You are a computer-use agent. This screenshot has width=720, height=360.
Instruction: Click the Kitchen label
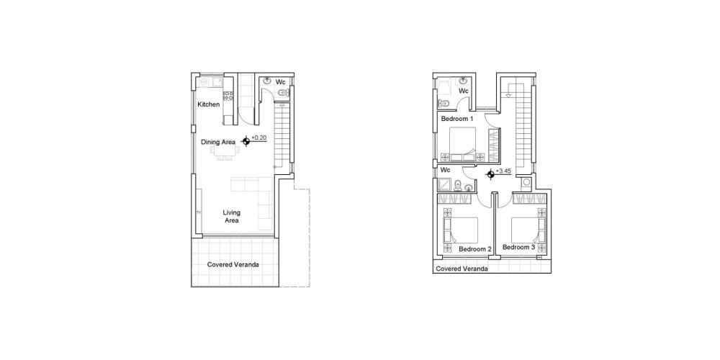click(209, 104)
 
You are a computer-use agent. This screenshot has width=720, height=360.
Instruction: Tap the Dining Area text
click(218, 143)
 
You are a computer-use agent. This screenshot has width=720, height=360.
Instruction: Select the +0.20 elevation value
click(259, 138)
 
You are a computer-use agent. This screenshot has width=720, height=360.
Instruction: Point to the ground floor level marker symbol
click(246, 141)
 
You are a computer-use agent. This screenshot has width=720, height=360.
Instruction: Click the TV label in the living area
click(199, 212)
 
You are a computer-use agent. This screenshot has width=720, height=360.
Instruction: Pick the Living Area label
click(231, 216)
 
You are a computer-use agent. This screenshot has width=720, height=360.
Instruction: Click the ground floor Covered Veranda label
click(233, 264)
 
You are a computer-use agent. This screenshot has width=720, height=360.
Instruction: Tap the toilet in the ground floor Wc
click(284, 94)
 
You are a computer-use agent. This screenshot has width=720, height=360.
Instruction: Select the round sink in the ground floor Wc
click(267, 81)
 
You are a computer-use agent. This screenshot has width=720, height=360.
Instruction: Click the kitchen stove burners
click(228, 96)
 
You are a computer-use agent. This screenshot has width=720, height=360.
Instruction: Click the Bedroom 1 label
click(457, 119)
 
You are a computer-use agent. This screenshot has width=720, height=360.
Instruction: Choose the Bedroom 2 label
click(475, 249)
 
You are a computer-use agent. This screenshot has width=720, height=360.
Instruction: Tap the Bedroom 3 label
click(518, 247)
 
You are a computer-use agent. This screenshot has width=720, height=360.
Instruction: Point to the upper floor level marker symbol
click(491, 174)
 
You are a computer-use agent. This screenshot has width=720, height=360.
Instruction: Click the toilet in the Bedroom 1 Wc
click(444, 102)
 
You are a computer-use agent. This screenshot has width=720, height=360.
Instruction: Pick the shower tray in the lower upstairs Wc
click(444, 184)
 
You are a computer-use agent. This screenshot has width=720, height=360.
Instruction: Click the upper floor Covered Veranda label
click(462, 269)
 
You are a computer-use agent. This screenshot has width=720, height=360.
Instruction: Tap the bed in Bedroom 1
click(462, 144)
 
